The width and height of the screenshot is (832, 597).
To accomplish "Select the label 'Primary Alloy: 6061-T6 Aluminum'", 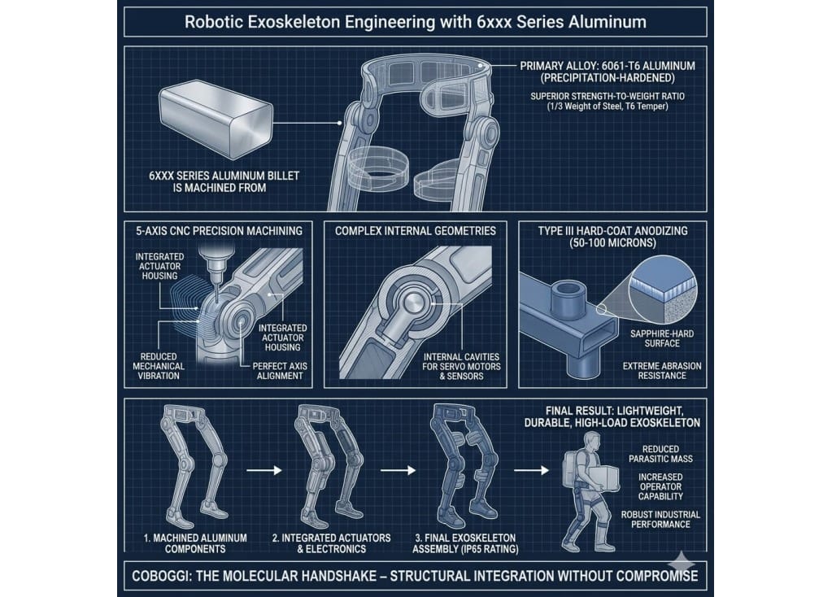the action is (x=607, y=66).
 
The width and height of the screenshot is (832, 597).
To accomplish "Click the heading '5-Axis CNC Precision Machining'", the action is (x=219, y=231).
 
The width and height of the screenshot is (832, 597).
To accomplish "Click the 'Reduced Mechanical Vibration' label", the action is (x=159, y=366).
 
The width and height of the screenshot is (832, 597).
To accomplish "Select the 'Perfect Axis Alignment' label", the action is (x=280, y=371).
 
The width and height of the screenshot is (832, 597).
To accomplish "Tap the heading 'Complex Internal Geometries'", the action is (x=416, y=231).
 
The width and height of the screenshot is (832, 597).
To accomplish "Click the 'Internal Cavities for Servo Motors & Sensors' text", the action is (x=461, y=366).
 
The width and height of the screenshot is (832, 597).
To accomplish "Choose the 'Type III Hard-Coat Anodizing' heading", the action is (x=613, y=231).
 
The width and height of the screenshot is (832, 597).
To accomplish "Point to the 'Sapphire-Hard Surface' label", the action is (x=662, y=338).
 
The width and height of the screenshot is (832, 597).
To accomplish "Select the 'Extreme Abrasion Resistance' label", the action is (x=662, y=371).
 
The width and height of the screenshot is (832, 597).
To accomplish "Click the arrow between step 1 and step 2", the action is (x=264, y=470).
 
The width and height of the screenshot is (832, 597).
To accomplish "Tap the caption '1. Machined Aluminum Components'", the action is (x=195, y=543).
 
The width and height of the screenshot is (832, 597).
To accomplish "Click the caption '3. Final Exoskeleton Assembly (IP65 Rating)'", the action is (x=465, y=543).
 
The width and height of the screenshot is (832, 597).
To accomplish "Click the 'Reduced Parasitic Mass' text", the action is (x=660, y=454).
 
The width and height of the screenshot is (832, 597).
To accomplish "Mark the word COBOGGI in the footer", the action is (x=159, y=576).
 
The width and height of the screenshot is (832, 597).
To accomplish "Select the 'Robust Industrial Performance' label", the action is (x=660, y=520).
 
